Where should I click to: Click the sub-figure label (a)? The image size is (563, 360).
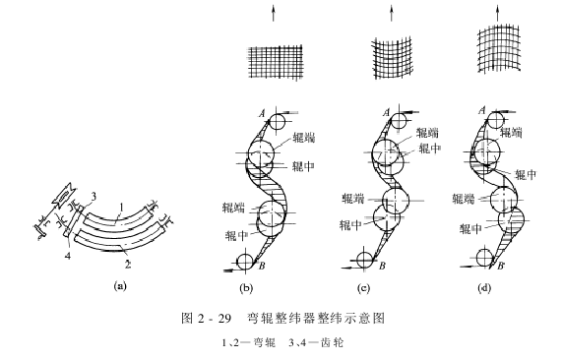[122, 287]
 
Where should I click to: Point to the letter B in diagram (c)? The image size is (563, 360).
[382, 267]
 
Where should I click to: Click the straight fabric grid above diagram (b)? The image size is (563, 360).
[271, 58]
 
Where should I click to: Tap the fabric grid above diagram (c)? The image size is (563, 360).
[391, 57]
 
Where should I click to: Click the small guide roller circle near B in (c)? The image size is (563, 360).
[364, 260]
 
